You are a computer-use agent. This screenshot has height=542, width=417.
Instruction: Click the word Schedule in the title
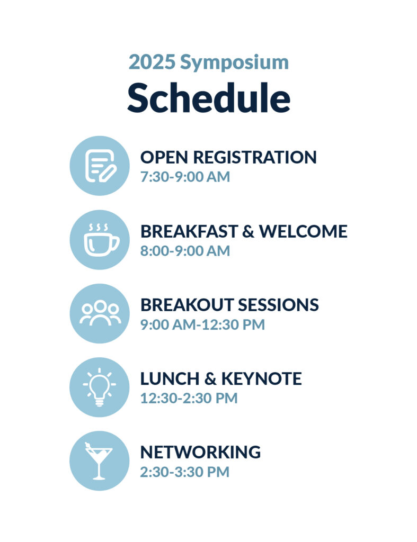[x=209, y=98]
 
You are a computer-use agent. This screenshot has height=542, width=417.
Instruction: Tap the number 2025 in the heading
[x=152, y=62]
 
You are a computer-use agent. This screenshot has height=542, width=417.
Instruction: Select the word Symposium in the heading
[x=234, y=64]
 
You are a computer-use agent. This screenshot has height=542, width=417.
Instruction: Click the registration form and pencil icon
[x=100, y=166]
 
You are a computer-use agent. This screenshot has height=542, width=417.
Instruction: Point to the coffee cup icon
[x=101, y=240]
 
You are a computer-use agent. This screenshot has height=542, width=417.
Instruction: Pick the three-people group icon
[x=100, y=313]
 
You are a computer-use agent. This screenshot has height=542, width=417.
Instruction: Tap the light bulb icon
[x=99, y=387]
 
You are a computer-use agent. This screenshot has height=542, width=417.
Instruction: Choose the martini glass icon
[x=99, y=461]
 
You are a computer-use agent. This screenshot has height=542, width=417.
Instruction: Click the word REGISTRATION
[x=255, y=157]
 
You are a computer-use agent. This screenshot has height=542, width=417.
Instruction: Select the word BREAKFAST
[x=189, y=231]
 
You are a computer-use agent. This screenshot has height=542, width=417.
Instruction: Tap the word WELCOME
[x=303, y=231]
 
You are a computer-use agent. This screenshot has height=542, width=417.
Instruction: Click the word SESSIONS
[x=278, y=305]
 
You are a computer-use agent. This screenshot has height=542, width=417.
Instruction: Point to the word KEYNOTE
[x=261, y=378]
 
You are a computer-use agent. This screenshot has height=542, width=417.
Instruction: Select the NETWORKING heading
[x=200, y=452]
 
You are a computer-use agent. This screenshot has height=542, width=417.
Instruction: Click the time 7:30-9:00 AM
[x=185, y=177]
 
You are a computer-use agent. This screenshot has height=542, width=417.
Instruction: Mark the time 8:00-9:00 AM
[x=185, y=251]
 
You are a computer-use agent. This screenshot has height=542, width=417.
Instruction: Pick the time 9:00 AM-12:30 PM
[x=202, y=324]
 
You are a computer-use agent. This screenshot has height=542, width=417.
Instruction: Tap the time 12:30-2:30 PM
[x=189, y=398]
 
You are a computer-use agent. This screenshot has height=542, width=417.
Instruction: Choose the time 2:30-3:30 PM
[x=185, y=472]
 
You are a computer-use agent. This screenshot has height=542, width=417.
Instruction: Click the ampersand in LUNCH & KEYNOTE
[x=210, y=378]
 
